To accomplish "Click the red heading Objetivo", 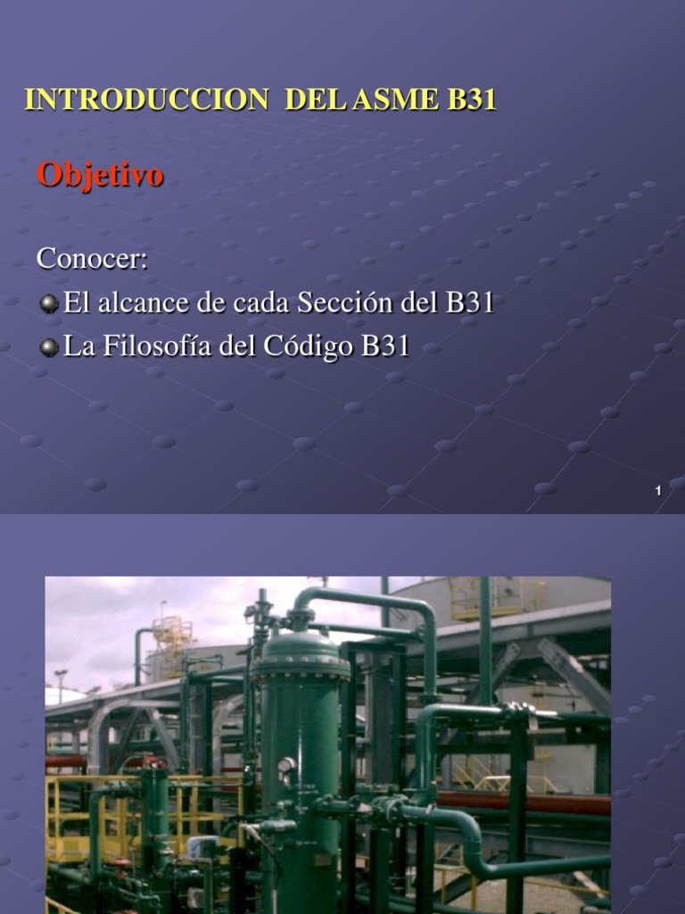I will click(x=100, y=175).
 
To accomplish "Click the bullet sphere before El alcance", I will click(x=49, y=304).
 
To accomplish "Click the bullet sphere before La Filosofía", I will click(x=49, y=348).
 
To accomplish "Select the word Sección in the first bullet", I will click(x=345, y=303).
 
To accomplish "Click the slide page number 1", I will click(x=657, y=491).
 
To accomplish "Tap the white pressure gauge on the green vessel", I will click(x=286, y=765).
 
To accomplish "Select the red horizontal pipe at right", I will click(x=535, y=802).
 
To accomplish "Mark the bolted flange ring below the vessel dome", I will click(x=300, y=669).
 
